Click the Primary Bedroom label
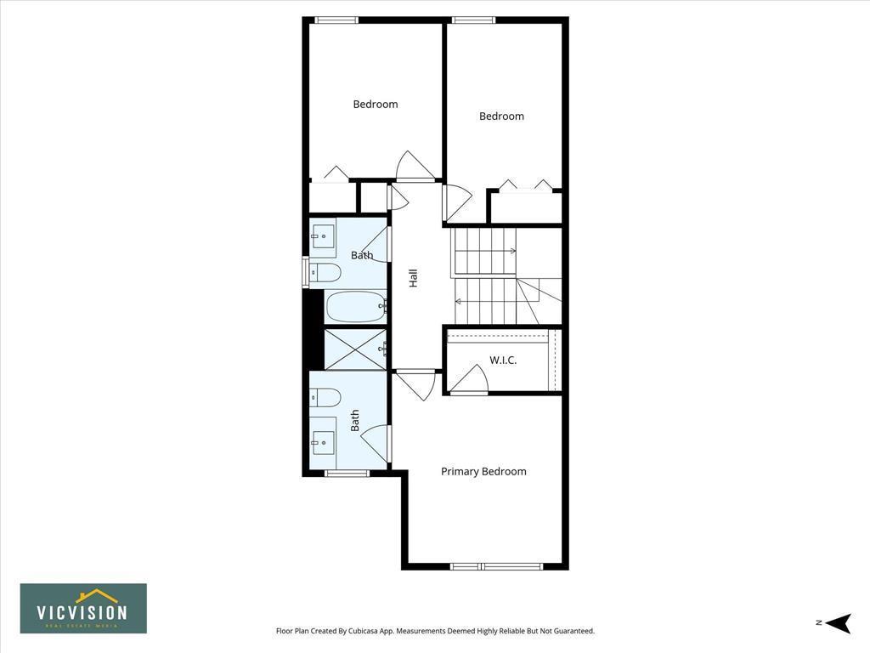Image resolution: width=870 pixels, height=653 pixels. pyautogui.click(x=483, y=471)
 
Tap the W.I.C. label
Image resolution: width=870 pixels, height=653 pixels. pyautogui.click(x=503, y=360)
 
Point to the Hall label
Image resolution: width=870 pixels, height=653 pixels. pyautogui.click(x=414, y=278)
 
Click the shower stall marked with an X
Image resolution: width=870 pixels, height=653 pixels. pyautogui.click(x=356, y=349)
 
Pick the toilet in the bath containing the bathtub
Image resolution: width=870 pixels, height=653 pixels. pyautogui.click(x=325, y=273)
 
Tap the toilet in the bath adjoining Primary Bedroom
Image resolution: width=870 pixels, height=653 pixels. pyautogui.click(x=325, y=397)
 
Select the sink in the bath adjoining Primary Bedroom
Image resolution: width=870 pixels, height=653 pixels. pyautogui.click(x=323, y=440)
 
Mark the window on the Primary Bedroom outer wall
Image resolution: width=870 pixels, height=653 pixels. pyautogui.click(x=496, y=566)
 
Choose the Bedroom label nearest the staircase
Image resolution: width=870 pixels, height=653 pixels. pyautogui.click(x=501, y=116)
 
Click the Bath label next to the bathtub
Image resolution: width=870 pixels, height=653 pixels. pyautogui.click(x=362, y=255)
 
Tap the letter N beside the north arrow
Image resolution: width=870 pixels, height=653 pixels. pyautogui.click(x=818, y=623)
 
